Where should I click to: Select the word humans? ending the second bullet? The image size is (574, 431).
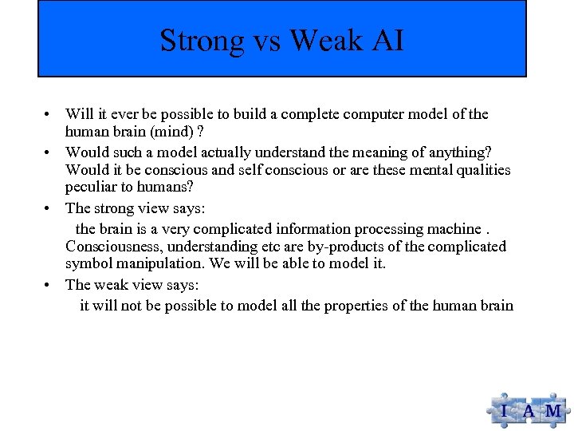click(x=175, y=188)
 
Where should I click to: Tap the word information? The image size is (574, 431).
click(x=313, y=228)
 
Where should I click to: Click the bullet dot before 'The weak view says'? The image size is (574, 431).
click(x=49, y=285)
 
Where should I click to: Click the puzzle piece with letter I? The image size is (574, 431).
click(x=504, y=411)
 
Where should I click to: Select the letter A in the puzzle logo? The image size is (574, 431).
click(x=529, y=412)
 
